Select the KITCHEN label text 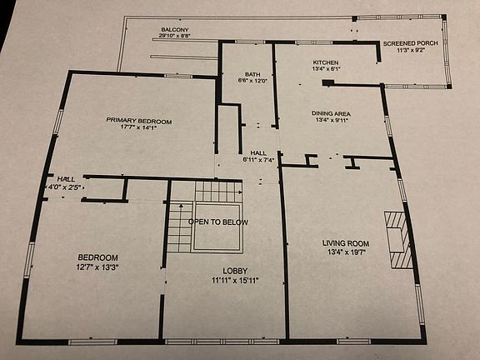click(x=327, y=62)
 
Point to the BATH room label click(x=252, y=74)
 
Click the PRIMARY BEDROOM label click(x=138, y=121)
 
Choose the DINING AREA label click(x=332, y=112)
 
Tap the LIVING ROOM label click(x=345, y=244)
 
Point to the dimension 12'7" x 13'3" click(x=98, y=267)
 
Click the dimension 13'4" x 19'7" click(x=345, y=252)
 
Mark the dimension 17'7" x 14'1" click(x=138, y=128)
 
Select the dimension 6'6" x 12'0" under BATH click(x=252, y=81)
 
